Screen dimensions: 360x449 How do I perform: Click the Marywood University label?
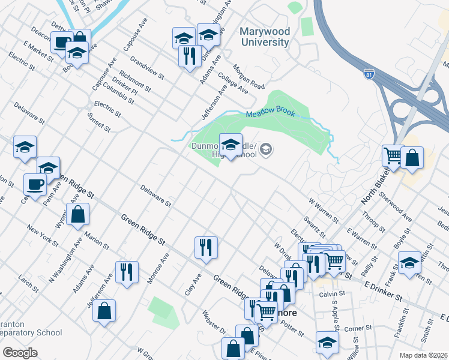point(265,37)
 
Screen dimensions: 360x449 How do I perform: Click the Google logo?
point(20,353)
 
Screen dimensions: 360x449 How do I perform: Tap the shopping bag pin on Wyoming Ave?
point(78,214)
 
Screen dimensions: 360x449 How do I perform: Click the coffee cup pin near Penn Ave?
point(35,185)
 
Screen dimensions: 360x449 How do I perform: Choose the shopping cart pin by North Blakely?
point(393,155)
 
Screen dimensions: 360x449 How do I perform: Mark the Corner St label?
point(359,329)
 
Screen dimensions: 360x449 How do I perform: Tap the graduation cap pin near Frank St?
point(410,262)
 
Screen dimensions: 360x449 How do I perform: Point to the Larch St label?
point(28,280)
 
